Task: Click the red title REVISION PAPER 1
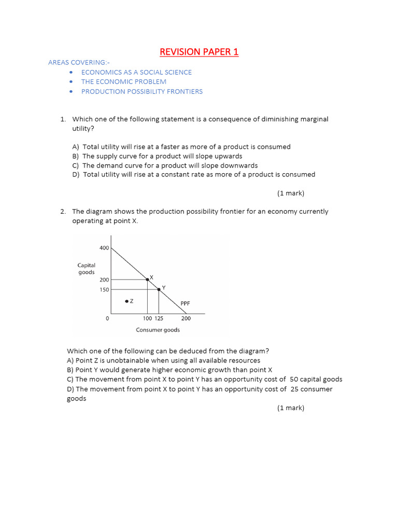[199, 52]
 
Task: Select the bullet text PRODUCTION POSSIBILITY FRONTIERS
[141, 91]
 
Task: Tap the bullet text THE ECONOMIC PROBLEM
[123, 81]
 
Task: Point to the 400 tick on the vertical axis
[104, 248]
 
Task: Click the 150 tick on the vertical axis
[104, 290]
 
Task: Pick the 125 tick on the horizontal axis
[159, 319]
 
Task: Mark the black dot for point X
[147, 280]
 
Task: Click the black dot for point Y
[159, 289]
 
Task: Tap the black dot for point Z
[126, 301]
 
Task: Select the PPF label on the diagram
[186, 303]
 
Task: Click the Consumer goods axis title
[158, 330]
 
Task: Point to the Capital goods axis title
[87, 269]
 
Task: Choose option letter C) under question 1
[76, 165]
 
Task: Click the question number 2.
[63, 212]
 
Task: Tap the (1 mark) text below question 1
[291, 193]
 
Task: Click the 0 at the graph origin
[107, 319]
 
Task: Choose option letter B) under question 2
[71, 370]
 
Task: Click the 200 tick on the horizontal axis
[186, 319]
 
